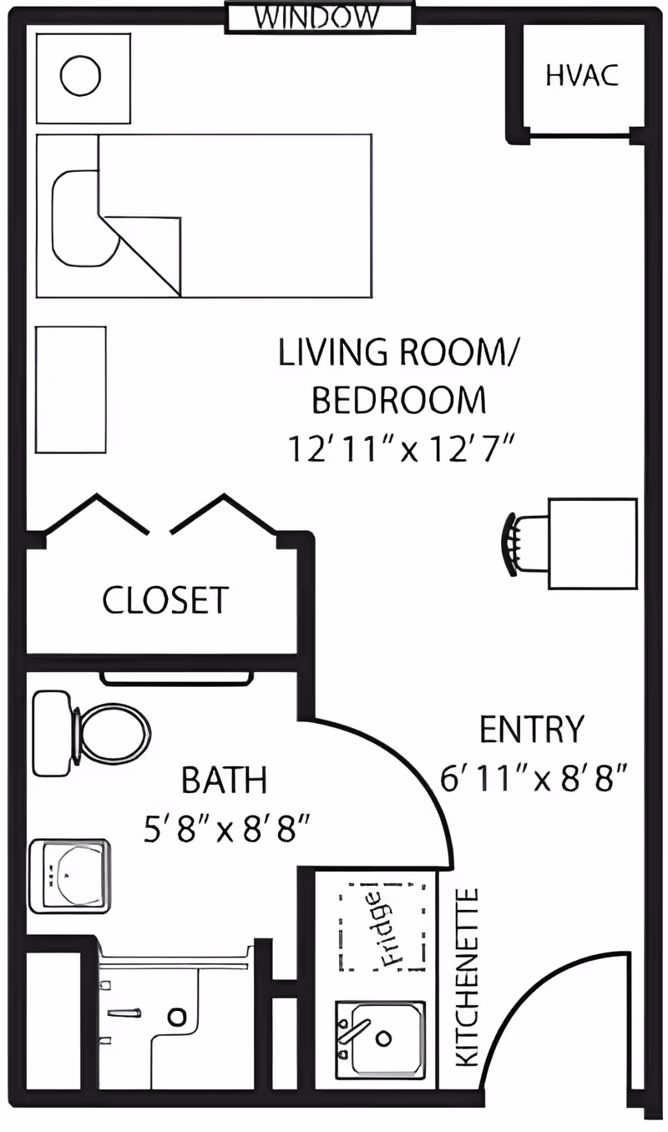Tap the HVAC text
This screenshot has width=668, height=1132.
click(x=582, y=75)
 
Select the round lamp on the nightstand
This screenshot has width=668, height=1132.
click(x=81, y=76)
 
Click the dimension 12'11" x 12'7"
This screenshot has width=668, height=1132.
click(x=399, y=449)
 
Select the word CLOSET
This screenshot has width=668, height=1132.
click(x=165, y=599)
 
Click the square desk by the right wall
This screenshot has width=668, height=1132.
click(x=592, y=543)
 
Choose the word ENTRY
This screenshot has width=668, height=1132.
click(x=531, y=730)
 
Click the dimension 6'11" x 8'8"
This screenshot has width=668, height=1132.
click(x=534, y=780)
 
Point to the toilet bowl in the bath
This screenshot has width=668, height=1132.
click(x=113, y=734)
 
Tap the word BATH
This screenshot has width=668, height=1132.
click(x=225, y=781)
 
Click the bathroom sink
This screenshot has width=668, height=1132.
click(x=70, y=876)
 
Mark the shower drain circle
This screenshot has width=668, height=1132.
click(x=176, y=1016)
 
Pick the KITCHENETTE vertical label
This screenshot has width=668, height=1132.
click(x=468, y=977)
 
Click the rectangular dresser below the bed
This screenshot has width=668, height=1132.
click(x=71, y=390)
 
